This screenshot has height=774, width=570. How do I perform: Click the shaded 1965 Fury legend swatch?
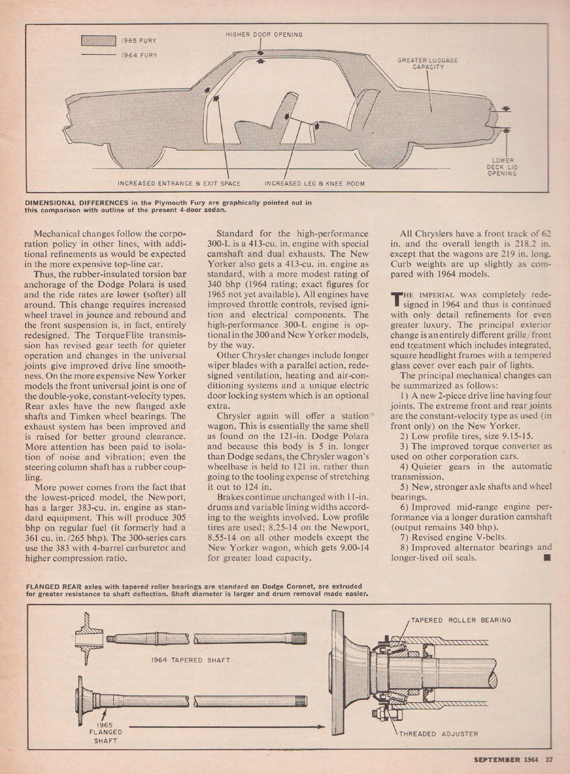pos(97,41)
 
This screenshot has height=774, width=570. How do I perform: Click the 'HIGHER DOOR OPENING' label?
pos(264,35)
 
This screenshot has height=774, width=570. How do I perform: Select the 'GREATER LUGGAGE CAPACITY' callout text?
pos(427,63)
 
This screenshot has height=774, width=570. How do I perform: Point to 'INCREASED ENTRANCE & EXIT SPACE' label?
pos(179,183)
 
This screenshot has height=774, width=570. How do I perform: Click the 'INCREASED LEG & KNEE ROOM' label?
pos(315,183)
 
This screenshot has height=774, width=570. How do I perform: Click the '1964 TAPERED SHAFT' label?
pos(190,660)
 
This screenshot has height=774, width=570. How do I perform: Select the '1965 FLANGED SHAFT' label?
pos(105,732)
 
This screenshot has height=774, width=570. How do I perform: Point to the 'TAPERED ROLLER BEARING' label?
pos(460,620)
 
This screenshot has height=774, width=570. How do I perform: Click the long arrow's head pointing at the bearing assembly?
pos(321,726)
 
